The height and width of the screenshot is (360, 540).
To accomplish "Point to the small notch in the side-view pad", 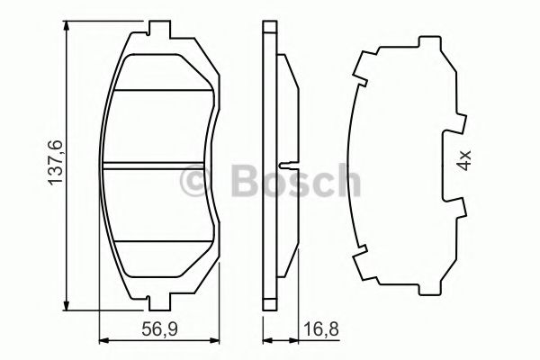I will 284,165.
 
